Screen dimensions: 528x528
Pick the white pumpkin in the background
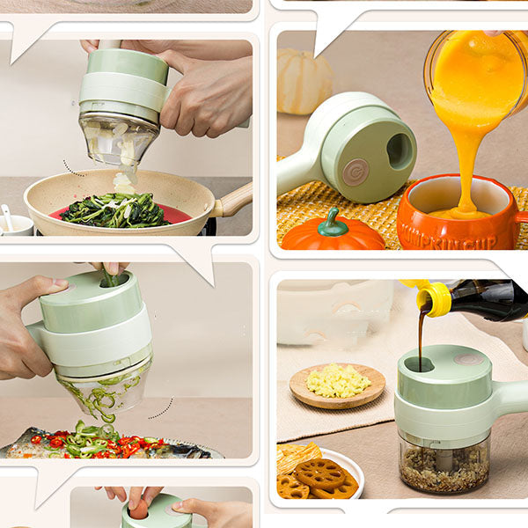point(304,80)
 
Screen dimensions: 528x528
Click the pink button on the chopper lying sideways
point(356,172)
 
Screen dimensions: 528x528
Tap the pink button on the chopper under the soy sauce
point(467,359)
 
